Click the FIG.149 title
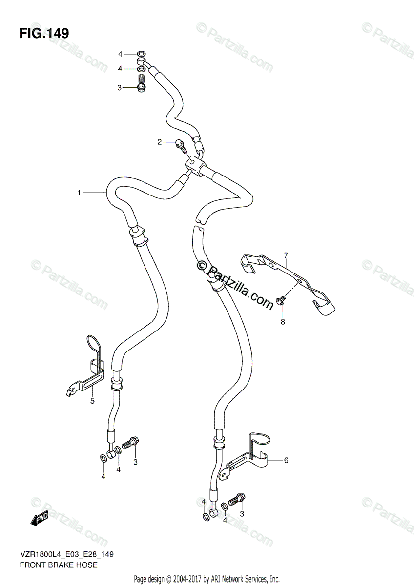tap(44, 33)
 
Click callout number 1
tap(79, 193)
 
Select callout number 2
tap(159, 142)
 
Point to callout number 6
tap(286, 460)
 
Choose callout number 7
tap(287, 254)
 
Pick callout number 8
tap(282, 322)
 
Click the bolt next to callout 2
tap(180, 144)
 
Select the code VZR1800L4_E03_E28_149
tap(67, 555)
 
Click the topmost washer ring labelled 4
tap(141, 54)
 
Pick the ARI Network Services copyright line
tap(207, 579)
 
